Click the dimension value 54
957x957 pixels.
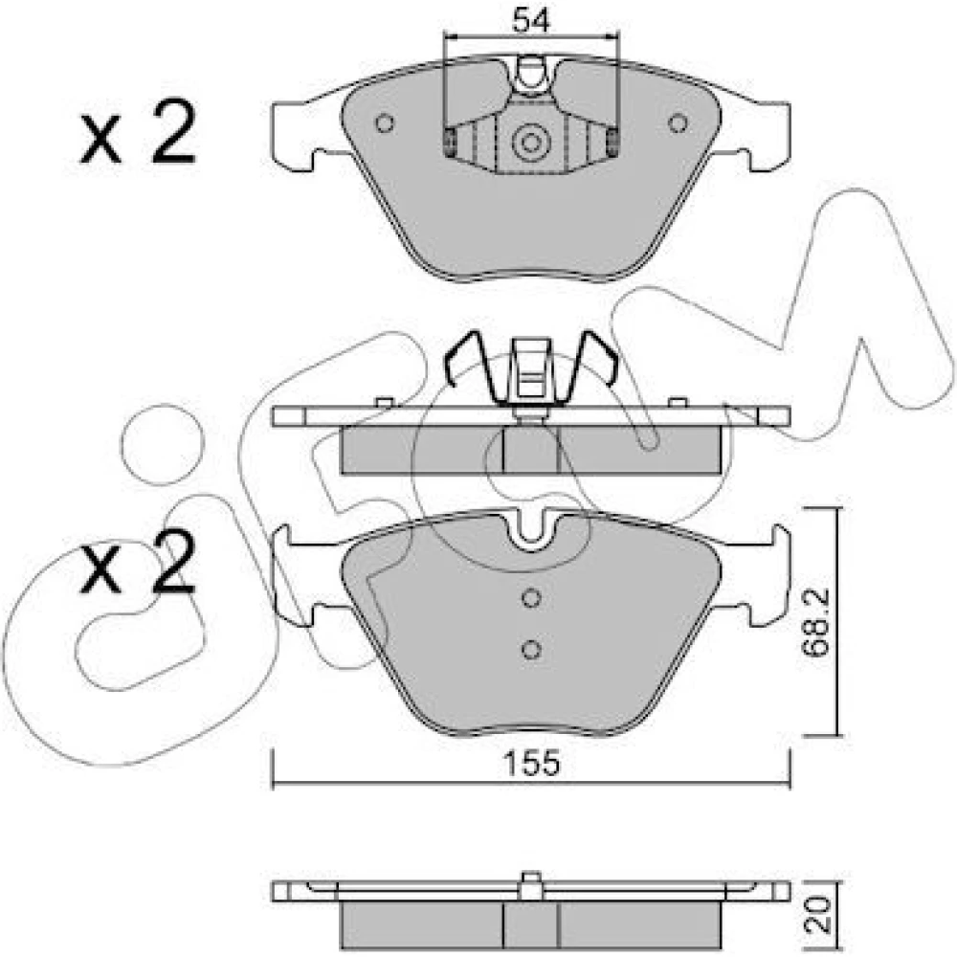(531, 20)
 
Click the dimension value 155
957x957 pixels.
(531, 763)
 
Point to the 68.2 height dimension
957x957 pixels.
(816, 622)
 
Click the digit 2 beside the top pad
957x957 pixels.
(173, 132)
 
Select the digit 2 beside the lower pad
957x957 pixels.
(173, 561)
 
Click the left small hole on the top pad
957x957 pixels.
(385, 123)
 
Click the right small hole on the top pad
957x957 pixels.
(678, 123)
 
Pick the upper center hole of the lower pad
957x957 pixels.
(531, 598)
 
